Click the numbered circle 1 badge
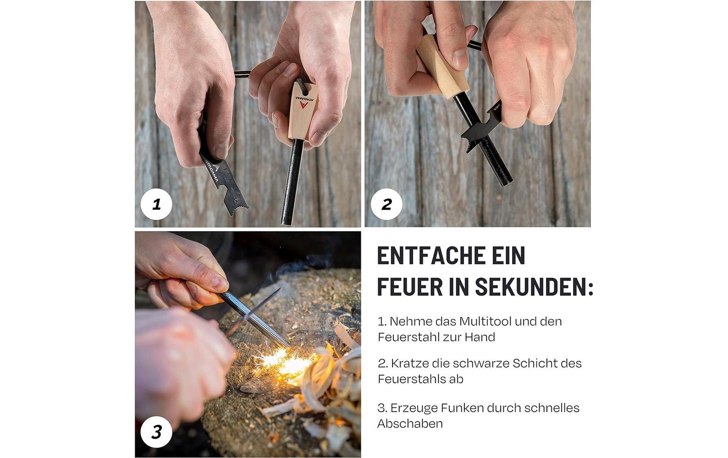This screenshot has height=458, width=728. pyautogui.click(x=156, y=204)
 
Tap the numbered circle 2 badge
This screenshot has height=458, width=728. pyautogui.click(x=386, y=204)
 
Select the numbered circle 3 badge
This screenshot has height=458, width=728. pyautogui.click(x=156, y=432)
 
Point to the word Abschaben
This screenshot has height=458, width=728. pyautogui.click(x=410, y=424)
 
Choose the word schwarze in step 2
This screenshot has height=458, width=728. pyautogui.click(x=481, y=363)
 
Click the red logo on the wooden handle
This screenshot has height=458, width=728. pyautogui.click(x=303, y=104)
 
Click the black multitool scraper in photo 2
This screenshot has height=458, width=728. pyautogui.click(x=480, y=126)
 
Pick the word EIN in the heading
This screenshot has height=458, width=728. pyautogui.click(x=508, y=256)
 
